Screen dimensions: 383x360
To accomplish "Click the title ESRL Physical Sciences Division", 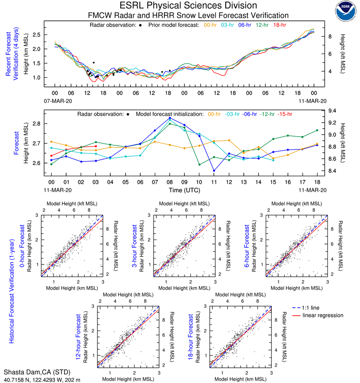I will point(188,6).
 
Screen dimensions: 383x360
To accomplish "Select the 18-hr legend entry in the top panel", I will point(279,25).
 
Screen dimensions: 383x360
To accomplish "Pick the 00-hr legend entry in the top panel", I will point(210,25).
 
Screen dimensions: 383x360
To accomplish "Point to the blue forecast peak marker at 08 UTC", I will point(170,118).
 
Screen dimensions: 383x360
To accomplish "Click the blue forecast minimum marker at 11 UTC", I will point(214,171).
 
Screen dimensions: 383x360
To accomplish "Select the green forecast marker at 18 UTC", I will point(317,130).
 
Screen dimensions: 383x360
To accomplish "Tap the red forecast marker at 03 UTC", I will point(95,146).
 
